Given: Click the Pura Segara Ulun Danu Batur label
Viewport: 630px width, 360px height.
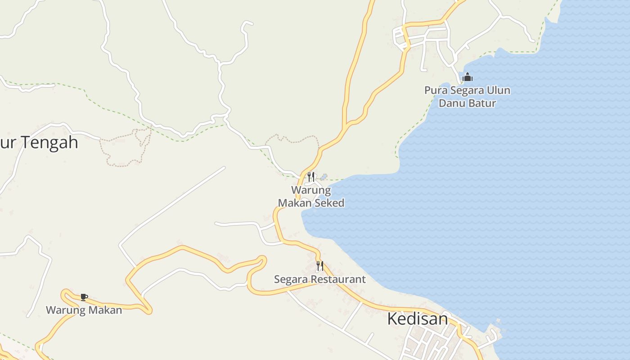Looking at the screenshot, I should pyautogui.click(x=467, y=97).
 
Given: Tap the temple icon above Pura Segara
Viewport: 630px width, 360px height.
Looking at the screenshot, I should pyautogui.click(x=468, y=77).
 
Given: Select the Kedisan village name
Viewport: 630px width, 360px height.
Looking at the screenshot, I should pyautogui.click(x=417, y=319).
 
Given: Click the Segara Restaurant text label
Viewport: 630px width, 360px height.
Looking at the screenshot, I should pyautogui.click(x=320, y=279).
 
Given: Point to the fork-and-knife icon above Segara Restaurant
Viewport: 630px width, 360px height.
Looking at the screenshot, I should pyautogui.click(x=319, y=265).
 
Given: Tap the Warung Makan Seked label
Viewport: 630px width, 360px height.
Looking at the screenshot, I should pyautogui.click(x=311, y=197).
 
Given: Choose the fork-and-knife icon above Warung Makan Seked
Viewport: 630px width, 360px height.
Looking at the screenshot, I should pyautogui.click(x=310, y=176).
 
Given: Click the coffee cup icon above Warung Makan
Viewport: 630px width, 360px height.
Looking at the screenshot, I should pyautogui.click(x=84, y=297).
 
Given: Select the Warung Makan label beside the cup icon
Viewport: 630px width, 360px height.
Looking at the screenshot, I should pyautogui.click(x=84, y=310).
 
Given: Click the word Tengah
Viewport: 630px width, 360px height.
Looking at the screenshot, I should pyautogui.click(x=50, y=143).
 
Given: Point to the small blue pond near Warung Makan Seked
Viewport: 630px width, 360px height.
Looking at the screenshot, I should pyautogui.click(x=323, y=177).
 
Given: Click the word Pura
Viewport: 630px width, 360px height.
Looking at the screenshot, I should pyautogui.click(x=434, y=90).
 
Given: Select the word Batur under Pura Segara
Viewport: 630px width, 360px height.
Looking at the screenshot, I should pyautogui.click(x=482, y=103).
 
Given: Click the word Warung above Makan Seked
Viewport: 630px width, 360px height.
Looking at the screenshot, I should pyautogui.click(x=311, y=190).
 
